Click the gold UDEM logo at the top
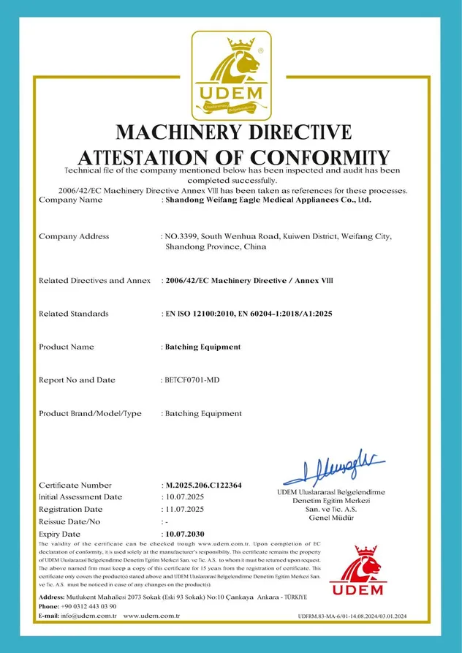click(230, 75)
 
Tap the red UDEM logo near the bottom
click(356, 570)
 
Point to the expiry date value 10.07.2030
click(185, 535)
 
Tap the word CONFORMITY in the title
click(320, 156)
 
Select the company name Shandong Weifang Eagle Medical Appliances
click(268, 199)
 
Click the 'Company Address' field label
click(74, 236)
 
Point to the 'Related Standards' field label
click(73, 314)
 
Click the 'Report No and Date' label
click(76, 380)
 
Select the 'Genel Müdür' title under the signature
click(331, 518)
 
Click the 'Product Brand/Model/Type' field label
click(89, 413)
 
